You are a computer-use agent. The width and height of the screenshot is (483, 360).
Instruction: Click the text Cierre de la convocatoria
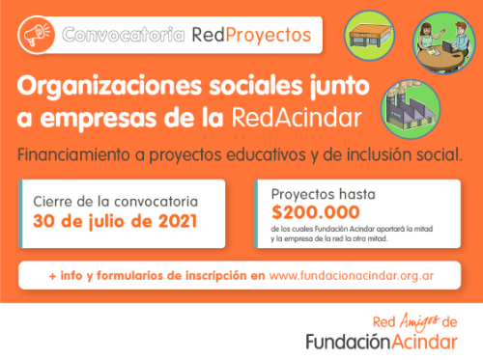[x=116, y=201]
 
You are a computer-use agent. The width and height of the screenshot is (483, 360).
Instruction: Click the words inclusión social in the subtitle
[x=415, y=154]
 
